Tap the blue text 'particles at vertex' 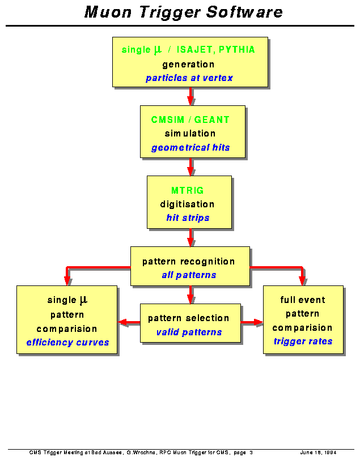(189, 78)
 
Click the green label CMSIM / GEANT (190, 119)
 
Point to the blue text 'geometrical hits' (190, 148)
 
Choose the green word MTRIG (188, 190)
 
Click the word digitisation (187, 204)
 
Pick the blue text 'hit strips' (188, 217)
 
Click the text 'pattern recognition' (188, 262)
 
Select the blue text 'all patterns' (189, 275)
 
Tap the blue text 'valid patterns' (189, 332)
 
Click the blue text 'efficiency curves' (67, 342)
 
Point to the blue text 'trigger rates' (303, 341)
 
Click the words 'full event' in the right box (303, 300)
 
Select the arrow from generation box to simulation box (190, 96)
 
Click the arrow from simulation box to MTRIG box (190, 167)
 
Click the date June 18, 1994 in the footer (318, 453)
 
